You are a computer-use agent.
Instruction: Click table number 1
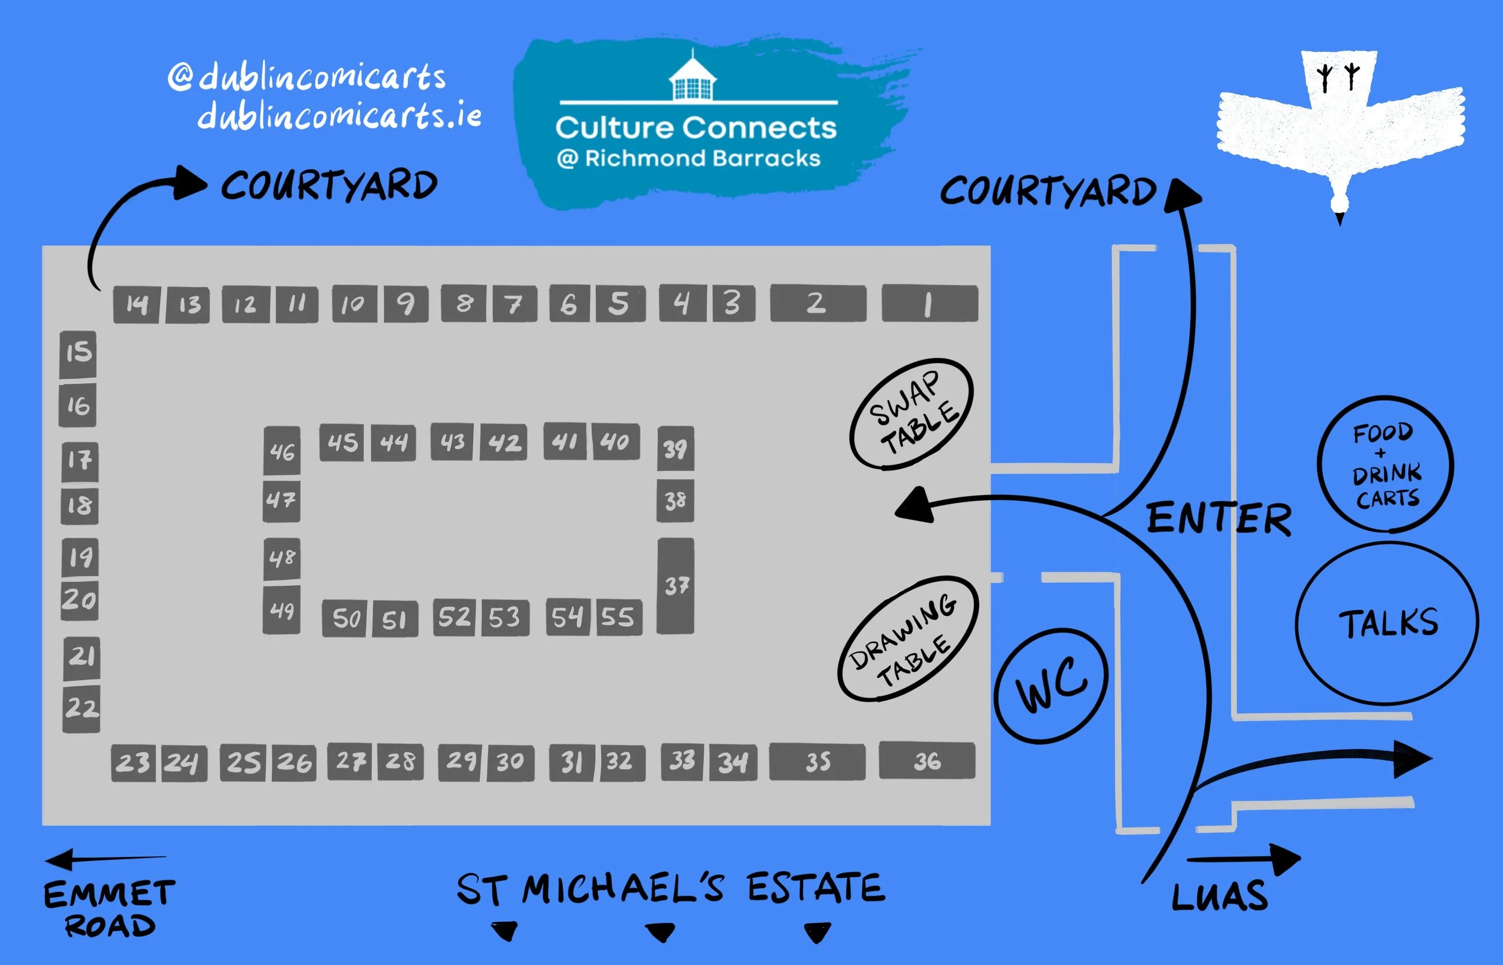click(929, 304)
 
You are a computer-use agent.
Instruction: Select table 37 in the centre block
click(676, 586)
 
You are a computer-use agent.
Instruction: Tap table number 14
click(136, 305)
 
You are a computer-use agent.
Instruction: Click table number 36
click(927, 761)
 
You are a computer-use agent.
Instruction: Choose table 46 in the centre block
click(282, 451)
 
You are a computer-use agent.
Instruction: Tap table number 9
click(406, 305)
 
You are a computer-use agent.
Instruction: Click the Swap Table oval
click(912, 414)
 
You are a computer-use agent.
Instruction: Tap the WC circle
click(1051, 686)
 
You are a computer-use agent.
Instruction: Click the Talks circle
click(1387, 624)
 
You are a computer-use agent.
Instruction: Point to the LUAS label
click(1219, 897)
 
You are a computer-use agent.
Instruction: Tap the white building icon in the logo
click(692, 79)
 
